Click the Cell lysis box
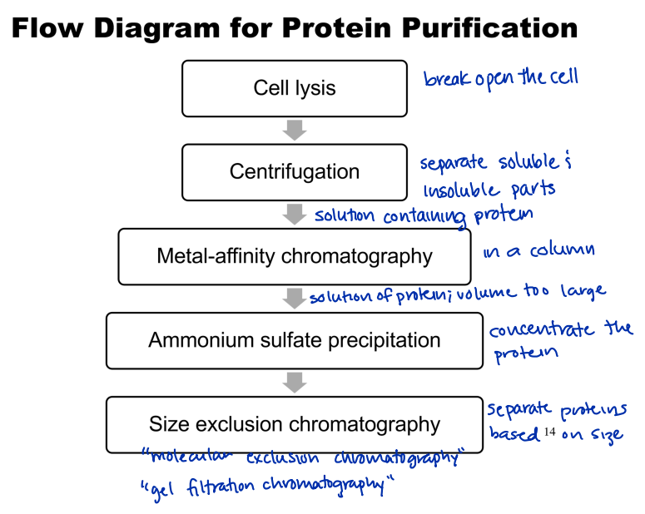(x=295, y=88)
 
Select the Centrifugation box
(x=295, y=172)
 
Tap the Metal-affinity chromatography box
(x=295, y=256)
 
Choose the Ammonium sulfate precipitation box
(x=295, y=340)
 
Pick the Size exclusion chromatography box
(x=295, y=424)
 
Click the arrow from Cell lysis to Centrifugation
(x=295, y=130)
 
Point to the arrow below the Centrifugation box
(x=295, y=214)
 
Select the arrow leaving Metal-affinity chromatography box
(x=295, y=298)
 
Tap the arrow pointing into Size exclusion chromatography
(x=295, y=382)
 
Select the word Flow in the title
(x=49, y=28)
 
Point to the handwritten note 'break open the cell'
(x=500, y=78)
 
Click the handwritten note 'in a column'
(x=538, y=250)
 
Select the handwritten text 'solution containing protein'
(x=423, y=215)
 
